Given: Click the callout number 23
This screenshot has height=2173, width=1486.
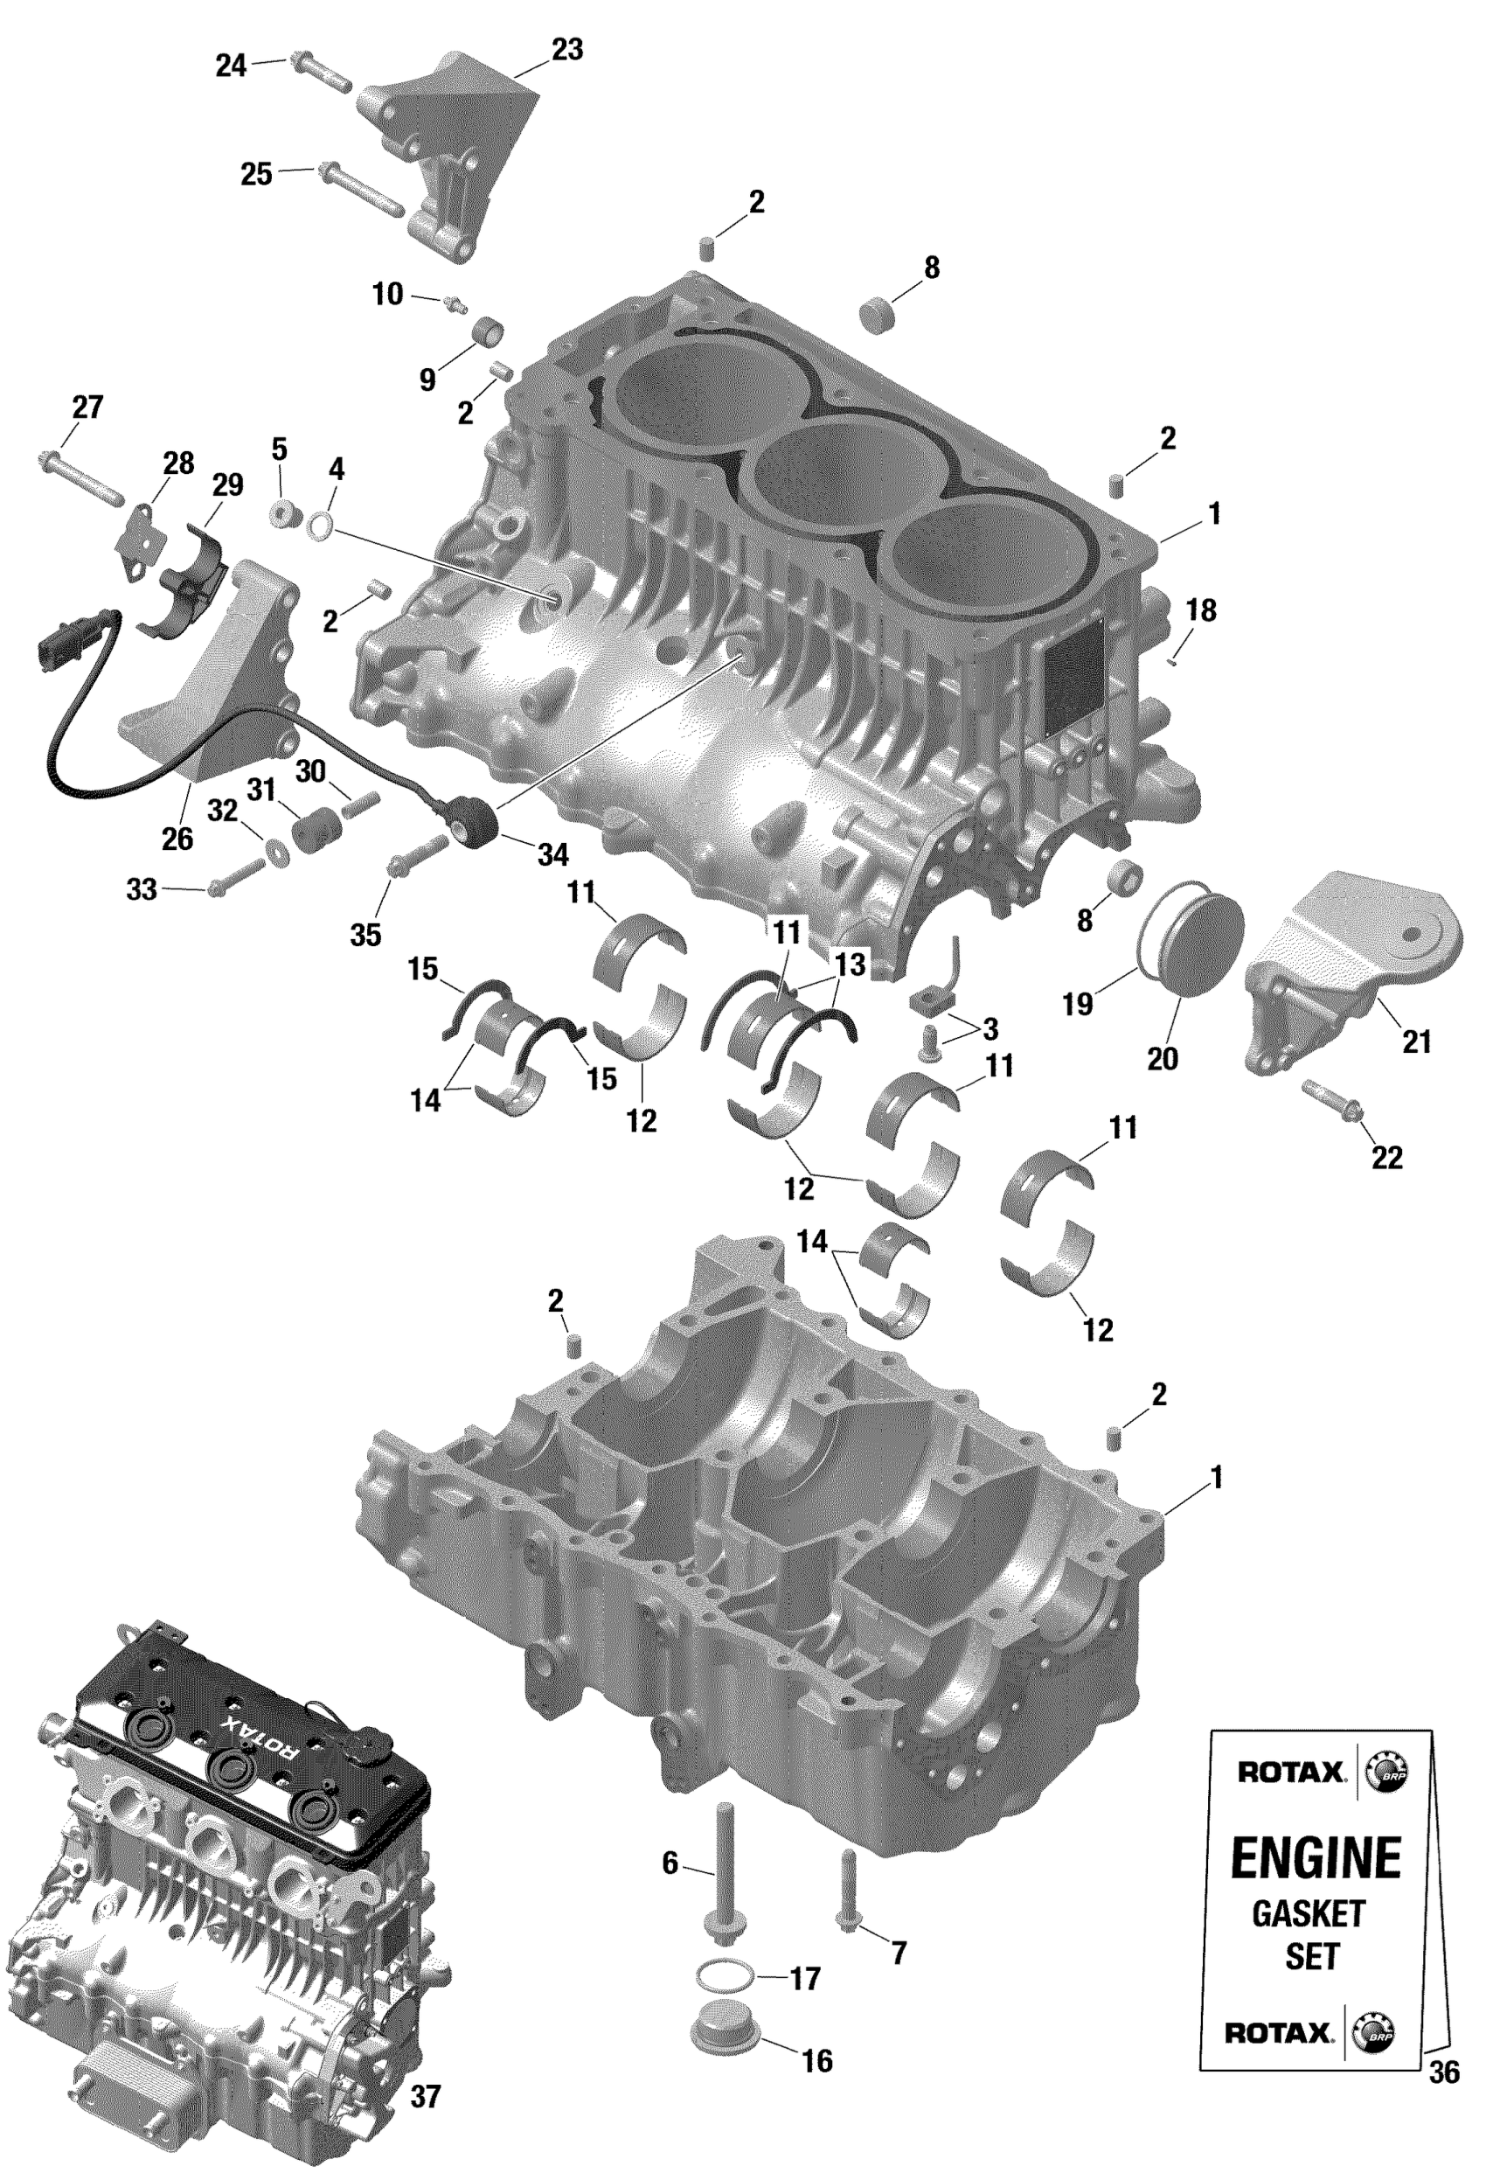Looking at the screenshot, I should click(x=566, y=50).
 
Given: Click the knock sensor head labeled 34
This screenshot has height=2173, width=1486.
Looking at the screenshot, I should click(x=484, y=819).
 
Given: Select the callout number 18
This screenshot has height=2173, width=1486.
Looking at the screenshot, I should click(x=1201, y=610).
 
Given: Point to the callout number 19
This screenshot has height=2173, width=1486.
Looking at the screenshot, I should click(x=1078, y=1004).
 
